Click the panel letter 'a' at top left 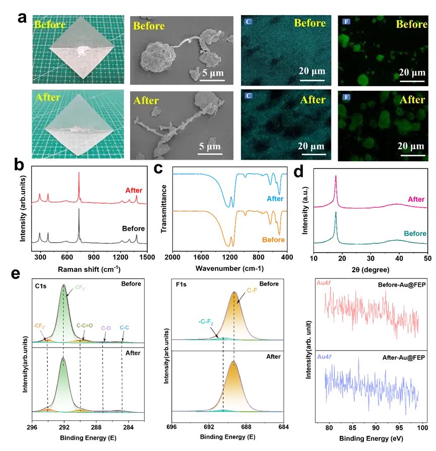(x=22, y=17)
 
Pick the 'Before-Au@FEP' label (x=395, y=285)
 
